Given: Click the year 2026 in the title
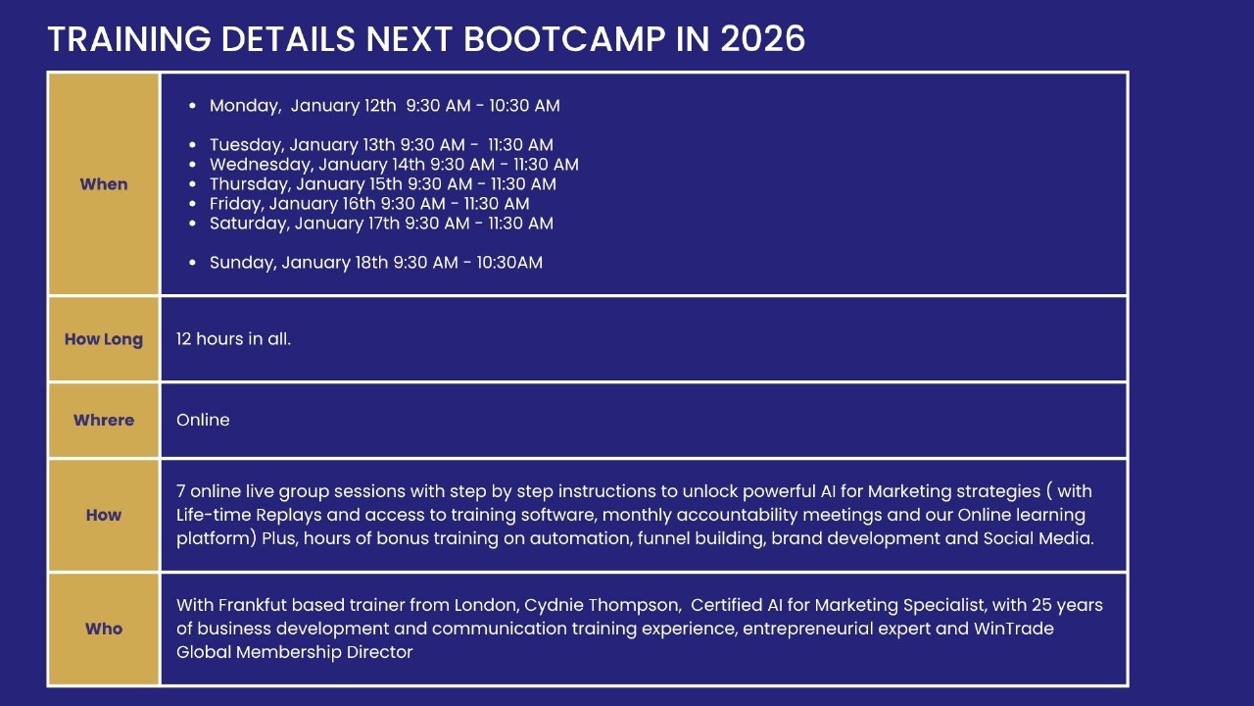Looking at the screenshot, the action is (762, 39).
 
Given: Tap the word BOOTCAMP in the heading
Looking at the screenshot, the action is (564, 39).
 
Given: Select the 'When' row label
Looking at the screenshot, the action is (104, 183).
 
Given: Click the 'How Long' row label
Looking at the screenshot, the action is (104, 339).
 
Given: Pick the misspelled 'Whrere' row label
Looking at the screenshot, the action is (104, 420).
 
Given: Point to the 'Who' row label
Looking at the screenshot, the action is (104, 629).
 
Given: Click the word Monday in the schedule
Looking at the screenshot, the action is (245, 106).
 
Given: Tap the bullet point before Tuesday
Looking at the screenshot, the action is (193, 144).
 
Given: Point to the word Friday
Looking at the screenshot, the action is (236, 203).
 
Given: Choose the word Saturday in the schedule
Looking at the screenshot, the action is (249, 223).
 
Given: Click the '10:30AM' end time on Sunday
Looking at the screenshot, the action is (509, 262).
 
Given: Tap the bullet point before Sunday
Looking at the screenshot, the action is (193, 262).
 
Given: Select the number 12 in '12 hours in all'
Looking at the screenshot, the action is (183, 339).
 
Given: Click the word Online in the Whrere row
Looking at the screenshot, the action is (203, 420).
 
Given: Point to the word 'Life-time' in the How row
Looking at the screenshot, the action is (214, 515).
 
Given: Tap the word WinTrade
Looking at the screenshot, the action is (1013, 629).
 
